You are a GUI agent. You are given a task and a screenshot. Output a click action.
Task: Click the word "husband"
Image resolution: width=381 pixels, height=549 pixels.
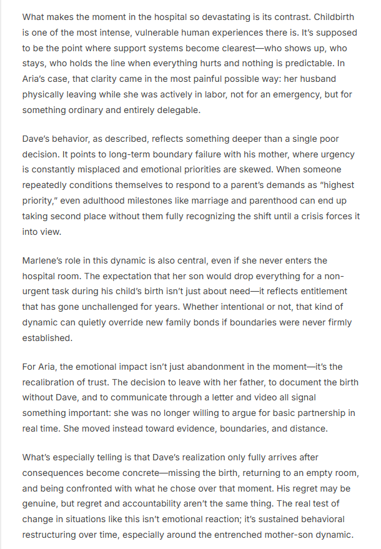click(331, 78)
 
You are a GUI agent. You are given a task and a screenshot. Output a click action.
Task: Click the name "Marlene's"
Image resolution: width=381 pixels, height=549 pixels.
click(45, 260)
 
